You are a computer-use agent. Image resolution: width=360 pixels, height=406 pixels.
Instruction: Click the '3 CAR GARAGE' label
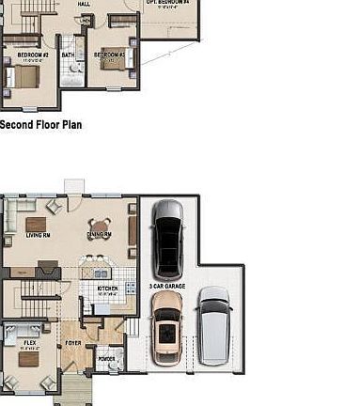[x=166, y=285]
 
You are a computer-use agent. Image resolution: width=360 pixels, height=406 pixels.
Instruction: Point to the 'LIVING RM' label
[x=38, y=248]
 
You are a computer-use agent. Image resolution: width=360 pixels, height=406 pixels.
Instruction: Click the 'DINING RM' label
[x=100, y=234]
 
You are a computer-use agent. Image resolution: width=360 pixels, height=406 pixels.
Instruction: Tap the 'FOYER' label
[x=72, y=344]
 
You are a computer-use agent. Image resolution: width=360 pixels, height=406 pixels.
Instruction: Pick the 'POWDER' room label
[x=106, y=359]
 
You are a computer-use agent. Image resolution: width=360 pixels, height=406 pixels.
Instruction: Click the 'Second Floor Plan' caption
[x=40, y=123]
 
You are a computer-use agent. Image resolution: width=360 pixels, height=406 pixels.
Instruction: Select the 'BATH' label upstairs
[x=68, y=55]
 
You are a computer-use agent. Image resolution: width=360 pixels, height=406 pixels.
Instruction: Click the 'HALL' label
[x=84, y=4]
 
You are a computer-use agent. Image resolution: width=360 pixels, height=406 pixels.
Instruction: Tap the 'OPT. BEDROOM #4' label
[x=167, y=3]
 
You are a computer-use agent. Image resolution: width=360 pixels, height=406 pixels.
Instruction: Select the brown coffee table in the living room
[x=36, y=225]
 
